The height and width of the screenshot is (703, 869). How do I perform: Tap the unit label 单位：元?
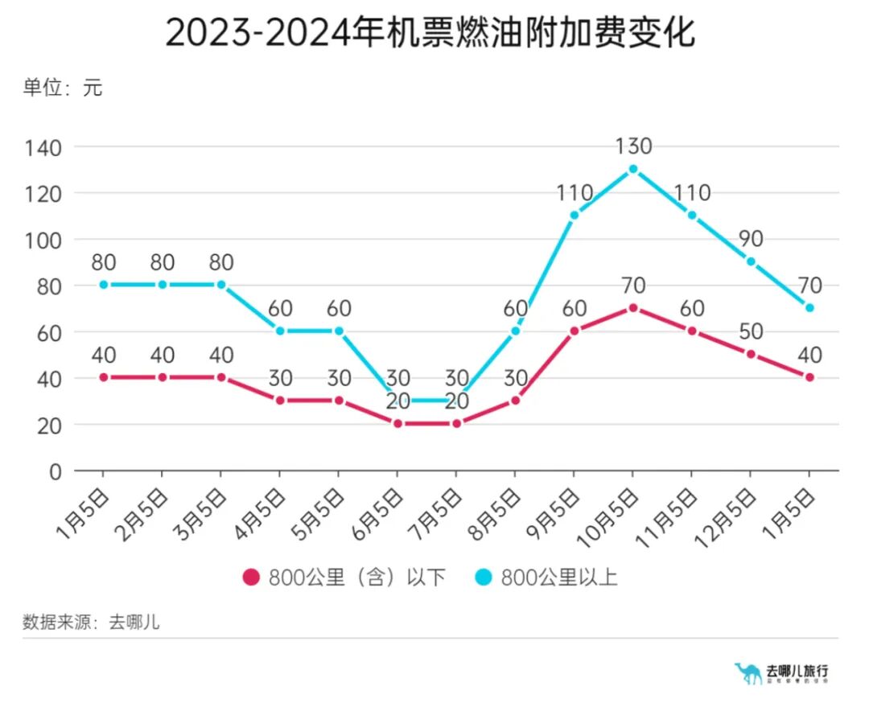[63, 88]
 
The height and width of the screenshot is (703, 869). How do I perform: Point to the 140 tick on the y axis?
[45, 147]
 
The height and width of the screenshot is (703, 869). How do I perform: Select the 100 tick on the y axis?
[45, 240]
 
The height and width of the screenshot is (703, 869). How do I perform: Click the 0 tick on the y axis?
[55, 471]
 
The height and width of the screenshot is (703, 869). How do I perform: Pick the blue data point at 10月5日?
[633, 169]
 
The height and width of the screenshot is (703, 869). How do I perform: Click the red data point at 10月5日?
[633, 308]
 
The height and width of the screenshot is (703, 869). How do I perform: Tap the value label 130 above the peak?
[633, 146]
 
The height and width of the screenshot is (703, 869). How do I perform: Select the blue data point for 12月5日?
[751, 261]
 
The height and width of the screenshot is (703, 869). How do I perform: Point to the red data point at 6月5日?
[397, 424]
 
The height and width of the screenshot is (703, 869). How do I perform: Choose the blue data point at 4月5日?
[280, 331]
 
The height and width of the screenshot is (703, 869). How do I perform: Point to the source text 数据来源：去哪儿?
[91, 622]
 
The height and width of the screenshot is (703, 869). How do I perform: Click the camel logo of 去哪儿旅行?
[749, 672]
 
